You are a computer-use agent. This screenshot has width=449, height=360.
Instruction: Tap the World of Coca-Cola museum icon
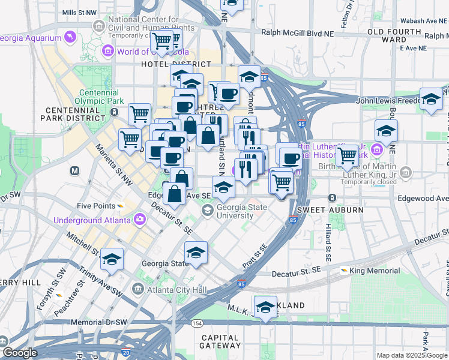click(109, 51)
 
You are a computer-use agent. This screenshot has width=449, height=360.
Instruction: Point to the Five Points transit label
click(96, 206)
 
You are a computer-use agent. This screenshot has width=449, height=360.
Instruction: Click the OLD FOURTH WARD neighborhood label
click(394, 35)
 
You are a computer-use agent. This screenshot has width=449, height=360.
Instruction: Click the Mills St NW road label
click(79, 12)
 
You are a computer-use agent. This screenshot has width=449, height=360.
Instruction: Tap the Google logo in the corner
click(19, 353)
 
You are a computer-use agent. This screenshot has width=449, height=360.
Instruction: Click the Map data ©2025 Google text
click(411, 355)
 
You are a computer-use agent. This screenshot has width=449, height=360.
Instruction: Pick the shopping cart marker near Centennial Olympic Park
click(139, 113)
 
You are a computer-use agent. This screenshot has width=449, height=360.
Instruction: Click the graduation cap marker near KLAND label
click(265, 305)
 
